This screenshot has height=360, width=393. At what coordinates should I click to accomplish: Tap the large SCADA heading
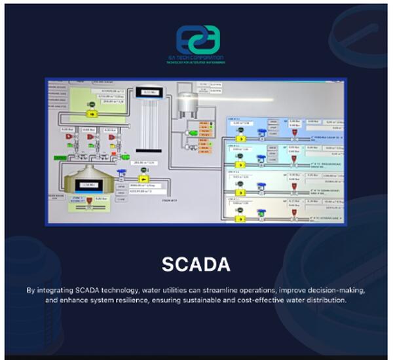pos(196,264)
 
